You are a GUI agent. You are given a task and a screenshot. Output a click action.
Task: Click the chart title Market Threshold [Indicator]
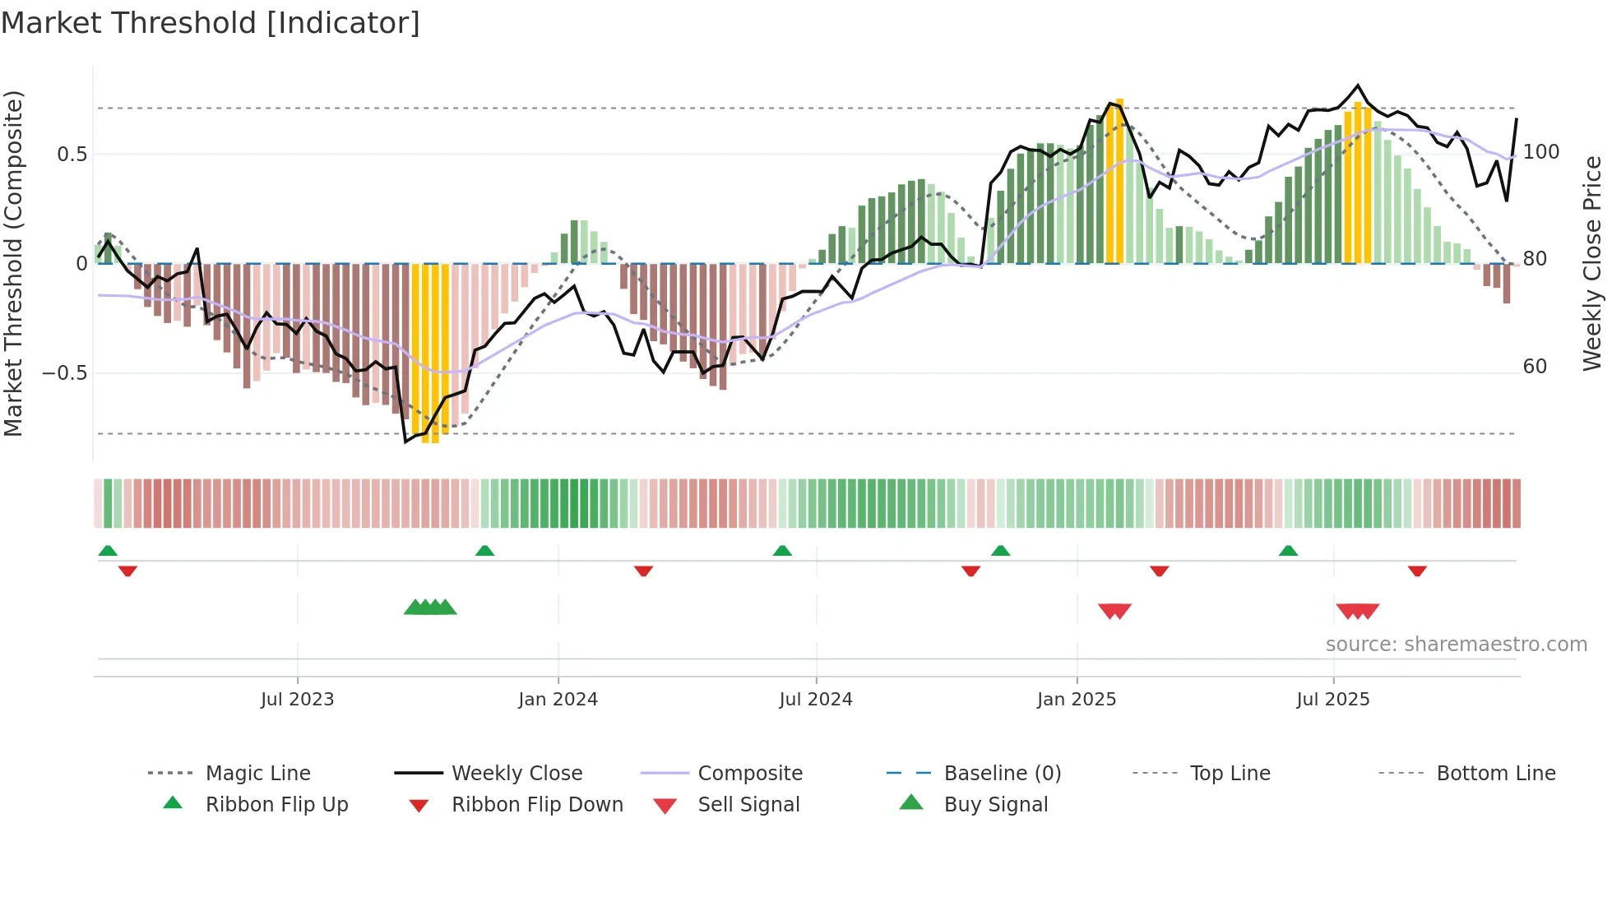(x=211, y=23)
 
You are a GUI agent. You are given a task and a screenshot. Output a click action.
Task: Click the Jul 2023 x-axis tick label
(x=297, y=700)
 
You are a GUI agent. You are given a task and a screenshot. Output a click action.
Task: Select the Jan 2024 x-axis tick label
(x=558, y=700)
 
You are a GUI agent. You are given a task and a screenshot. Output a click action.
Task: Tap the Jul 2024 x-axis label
(x=815, y=700)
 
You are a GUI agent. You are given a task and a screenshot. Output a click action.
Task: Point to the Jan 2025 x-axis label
(x=1076, y=700)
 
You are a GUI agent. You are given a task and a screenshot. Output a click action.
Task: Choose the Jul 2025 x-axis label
(x=1332, y=700)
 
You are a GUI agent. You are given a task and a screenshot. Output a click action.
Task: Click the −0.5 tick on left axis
(x=64, y=373)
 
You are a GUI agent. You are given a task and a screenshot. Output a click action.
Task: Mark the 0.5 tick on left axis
(x=72, y=155)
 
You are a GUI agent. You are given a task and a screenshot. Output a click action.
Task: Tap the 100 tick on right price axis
(x=1540, y=152)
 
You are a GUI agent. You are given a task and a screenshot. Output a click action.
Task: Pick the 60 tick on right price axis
(x=1535, y=367)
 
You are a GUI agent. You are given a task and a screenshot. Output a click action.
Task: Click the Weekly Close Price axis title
(x=1592, y=263)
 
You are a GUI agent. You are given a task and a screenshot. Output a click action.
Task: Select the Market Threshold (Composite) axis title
(x=13, y=263)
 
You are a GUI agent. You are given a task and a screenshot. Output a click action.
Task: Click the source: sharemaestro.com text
(x=1456, y=645)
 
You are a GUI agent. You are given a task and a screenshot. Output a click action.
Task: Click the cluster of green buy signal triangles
(x=430, y=608)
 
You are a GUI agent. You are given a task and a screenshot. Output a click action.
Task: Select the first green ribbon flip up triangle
(x=108, y=551)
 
